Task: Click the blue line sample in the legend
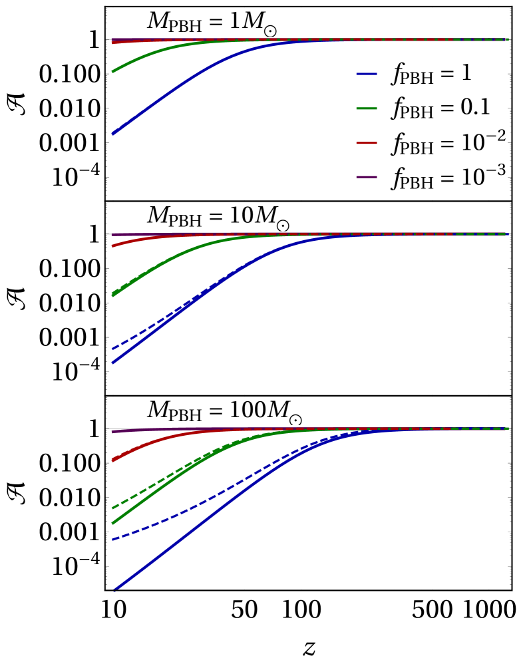click(x=367, y=74)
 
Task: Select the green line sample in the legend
click(x=367, y=108)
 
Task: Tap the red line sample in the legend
click(x=367, y=143)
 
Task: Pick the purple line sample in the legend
click(x=367, y=177)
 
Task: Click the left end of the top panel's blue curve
click(x=112, y=134)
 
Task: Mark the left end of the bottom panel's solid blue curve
click(x=114, y=589)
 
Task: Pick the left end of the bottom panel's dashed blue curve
click(x=112, y=540)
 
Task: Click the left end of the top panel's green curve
click(x=112, y=71)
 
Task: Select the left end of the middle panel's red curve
click(x=112, y=246)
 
